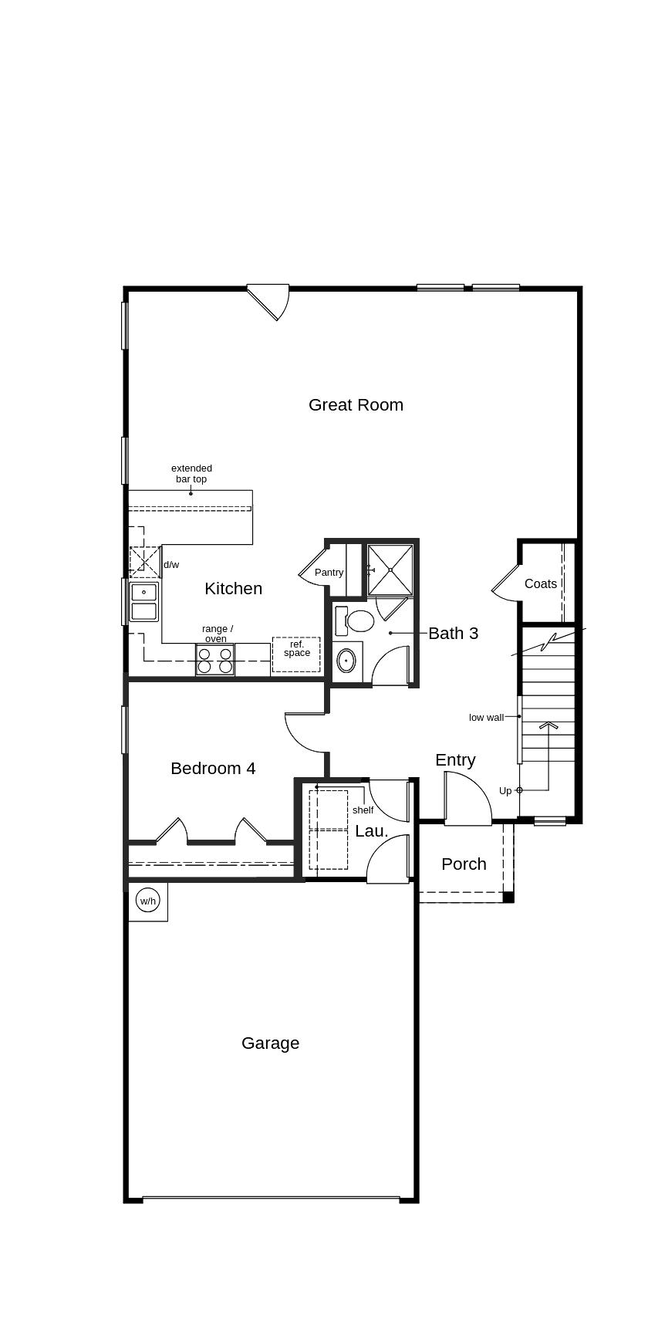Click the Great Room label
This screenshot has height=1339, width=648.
coord(356,404)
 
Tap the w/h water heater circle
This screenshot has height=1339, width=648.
coord(147,901)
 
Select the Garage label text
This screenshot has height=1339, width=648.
coord(270,1043)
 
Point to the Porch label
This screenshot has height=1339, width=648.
coord(464,864)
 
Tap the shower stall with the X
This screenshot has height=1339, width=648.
coord(390,570)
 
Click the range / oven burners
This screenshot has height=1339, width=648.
coord(214,661)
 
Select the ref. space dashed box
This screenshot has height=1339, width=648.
coord(296,654)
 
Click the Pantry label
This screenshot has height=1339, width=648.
coord(329,573)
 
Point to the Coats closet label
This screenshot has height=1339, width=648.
coord(540,583)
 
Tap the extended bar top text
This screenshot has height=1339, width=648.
coord(191,473)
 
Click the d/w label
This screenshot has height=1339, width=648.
coord(171,565)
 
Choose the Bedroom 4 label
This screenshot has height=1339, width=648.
coord(213,768)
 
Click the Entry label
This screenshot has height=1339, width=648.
coord(455,759)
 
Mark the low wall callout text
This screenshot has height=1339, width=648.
coord(486,718)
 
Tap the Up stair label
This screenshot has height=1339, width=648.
coord(505,790)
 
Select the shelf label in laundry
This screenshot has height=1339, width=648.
coord(363,810)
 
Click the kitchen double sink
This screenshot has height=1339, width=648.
coord(143,602)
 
